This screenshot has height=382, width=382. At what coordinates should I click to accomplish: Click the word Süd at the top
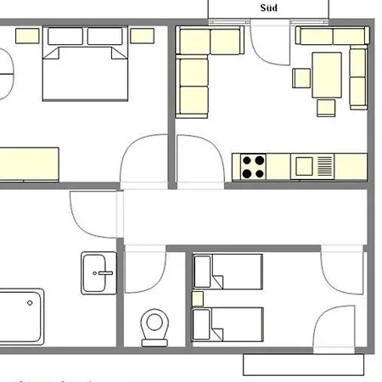click(268, 8)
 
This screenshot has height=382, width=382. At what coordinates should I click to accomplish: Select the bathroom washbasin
click(99, 272)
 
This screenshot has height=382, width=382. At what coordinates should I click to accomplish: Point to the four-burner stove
click(252, 166)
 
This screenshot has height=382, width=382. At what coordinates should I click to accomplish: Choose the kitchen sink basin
click(303, 166)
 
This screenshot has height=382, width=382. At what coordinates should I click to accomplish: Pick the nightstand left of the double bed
click(28, 36)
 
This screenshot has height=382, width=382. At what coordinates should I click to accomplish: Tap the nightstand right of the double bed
click(142, 36)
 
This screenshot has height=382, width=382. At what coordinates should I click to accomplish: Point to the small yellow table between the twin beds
click(198, 298)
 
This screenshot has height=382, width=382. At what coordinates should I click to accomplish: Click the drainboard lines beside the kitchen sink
click(325, 166)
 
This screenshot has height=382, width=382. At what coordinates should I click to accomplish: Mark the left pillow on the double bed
click(65, 37)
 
